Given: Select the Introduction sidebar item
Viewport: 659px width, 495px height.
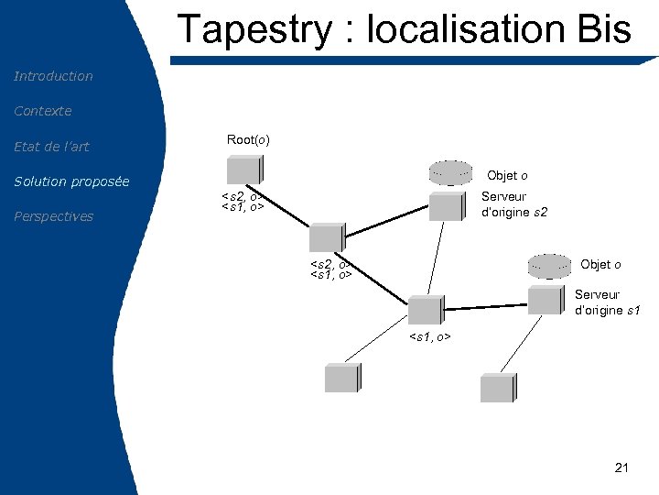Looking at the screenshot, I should coord(53,76).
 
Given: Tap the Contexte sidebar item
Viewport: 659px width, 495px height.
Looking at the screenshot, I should coord(42,111).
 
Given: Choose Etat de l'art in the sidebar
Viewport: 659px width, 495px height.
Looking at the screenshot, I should coord(51,147).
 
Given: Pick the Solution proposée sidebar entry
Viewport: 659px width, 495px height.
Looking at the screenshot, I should coord(71,181).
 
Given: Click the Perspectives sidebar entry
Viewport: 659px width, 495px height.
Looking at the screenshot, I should coord(53,216).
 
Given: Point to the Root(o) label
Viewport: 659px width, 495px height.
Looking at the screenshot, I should coord(248,139).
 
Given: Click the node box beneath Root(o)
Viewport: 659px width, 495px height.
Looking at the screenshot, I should coord(245,170).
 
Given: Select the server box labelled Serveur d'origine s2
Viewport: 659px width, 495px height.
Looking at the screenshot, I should coord(447,206).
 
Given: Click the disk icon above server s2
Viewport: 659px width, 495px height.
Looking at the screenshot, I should coord(451,172).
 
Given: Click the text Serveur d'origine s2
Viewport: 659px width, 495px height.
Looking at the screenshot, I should coord(514,204).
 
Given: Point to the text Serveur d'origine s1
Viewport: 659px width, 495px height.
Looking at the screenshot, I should coord(608,302).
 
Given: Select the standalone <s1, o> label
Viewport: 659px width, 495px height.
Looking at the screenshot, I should coord(429,338).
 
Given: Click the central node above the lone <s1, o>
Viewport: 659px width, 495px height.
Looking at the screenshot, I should coord(425,310).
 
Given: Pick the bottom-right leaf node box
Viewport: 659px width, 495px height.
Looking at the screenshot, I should coord(498,387).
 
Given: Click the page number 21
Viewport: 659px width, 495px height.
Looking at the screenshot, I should coord(622,468).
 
